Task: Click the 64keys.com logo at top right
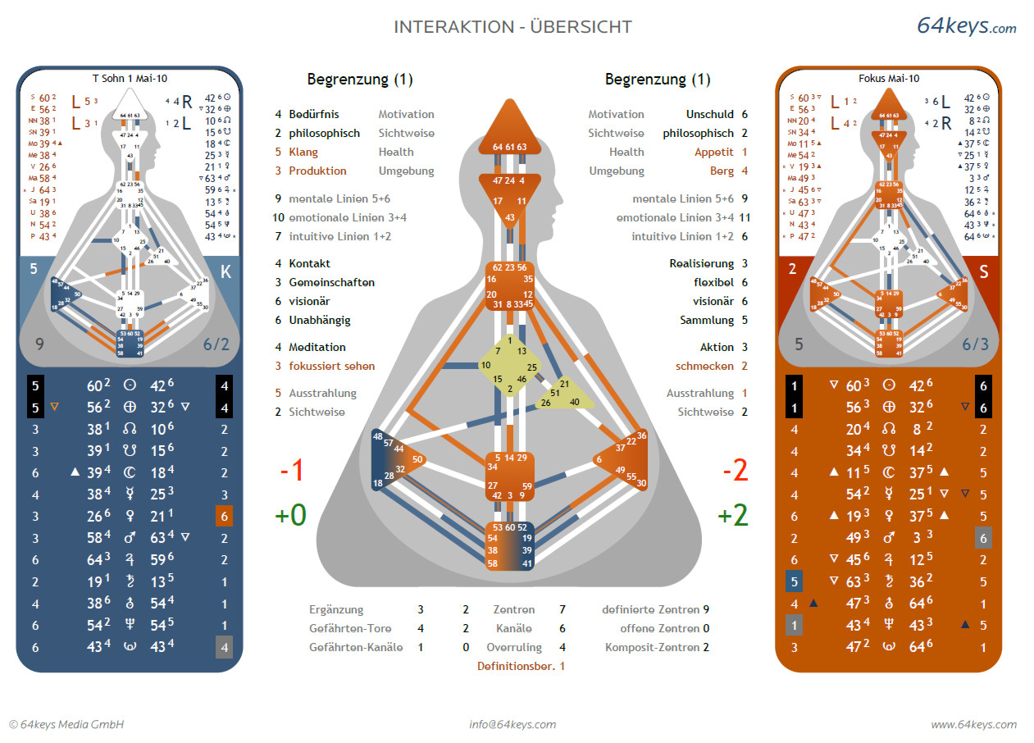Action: (966, 26)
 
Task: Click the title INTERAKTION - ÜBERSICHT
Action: (512, 26)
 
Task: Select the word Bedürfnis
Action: (313, 114)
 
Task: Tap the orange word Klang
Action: (303, 152)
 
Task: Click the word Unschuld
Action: (709, 114)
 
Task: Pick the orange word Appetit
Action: (714, 152)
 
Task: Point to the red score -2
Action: (735, 471)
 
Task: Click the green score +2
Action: (732, 516)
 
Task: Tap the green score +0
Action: (290, 516)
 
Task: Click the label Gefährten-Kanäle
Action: (355, 647)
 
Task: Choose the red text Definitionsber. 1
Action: (521, 666)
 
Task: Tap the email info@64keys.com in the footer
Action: (512, 724)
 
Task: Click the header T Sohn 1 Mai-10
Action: (129, 78)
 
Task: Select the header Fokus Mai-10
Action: (889, 78)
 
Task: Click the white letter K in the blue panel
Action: (226, 271)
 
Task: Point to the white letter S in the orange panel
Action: (984, 271)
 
